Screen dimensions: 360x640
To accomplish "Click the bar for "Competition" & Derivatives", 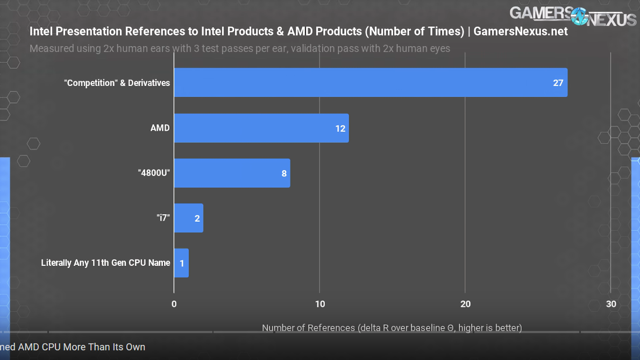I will click(x=370, y=82).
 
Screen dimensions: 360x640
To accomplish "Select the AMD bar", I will click(x=261, y=128).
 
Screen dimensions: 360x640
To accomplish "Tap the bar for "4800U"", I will click(x=231, y=173).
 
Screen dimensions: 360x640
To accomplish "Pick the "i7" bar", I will click(x=188, y=218).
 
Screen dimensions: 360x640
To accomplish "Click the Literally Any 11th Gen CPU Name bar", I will click(x=181, y=263).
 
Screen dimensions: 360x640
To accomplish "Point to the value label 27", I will click(x=558, y=83).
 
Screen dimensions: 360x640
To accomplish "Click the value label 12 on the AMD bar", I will click(x=340, y=129).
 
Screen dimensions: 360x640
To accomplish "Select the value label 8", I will click(x=284, y=174).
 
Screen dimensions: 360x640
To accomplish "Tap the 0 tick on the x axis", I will click(x=174, y=304).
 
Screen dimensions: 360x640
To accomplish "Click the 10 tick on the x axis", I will click(x=319, y=304).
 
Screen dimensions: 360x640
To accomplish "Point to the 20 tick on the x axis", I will click(x=465, y=304).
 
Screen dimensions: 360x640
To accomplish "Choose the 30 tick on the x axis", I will click(x=611, y=304).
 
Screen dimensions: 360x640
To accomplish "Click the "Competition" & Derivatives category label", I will click(x=117, y=83).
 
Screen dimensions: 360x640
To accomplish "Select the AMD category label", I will click(x=160, y=128).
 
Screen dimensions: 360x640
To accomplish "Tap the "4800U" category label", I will click(x=154, y=173).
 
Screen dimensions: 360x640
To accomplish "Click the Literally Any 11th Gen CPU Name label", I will click(x=105, y=263).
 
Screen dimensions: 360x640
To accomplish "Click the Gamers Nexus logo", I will click(x=573, y=16).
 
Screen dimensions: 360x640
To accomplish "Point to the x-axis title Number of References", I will click(x=392, y=328).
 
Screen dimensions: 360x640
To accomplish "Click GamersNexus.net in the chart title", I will click(x=520, y=31).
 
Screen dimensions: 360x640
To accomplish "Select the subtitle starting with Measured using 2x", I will click(x=240, y=48).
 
